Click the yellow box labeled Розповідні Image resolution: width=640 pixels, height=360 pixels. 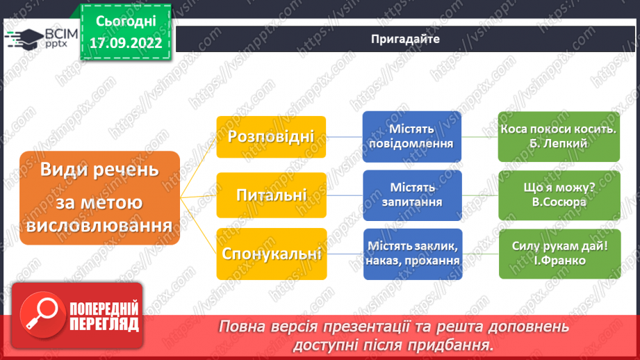271,136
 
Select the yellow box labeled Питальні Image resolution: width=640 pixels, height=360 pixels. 271,195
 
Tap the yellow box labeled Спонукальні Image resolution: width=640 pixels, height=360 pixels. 271,253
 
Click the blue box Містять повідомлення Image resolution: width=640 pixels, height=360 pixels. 412,136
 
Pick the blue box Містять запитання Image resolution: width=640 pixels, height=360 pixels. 412,195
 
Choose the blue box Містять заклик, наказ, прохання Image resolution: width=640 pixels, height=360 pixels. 412,253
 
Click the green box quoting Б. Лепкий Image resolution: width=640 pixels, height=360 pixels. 559,136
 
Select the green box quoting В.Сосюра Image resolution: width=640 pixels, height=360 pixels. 559,195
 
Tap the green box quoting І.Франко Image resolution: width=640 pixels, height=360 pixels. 559,253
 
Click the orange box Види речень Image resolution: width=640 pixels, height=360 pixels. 99,197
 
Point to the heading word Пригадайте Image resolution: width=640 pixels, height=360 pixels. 405,39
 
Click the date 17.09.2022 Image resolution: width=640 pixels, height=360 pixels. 126,42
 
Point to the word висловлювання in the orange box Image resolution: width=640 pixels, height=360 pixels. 99,227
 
